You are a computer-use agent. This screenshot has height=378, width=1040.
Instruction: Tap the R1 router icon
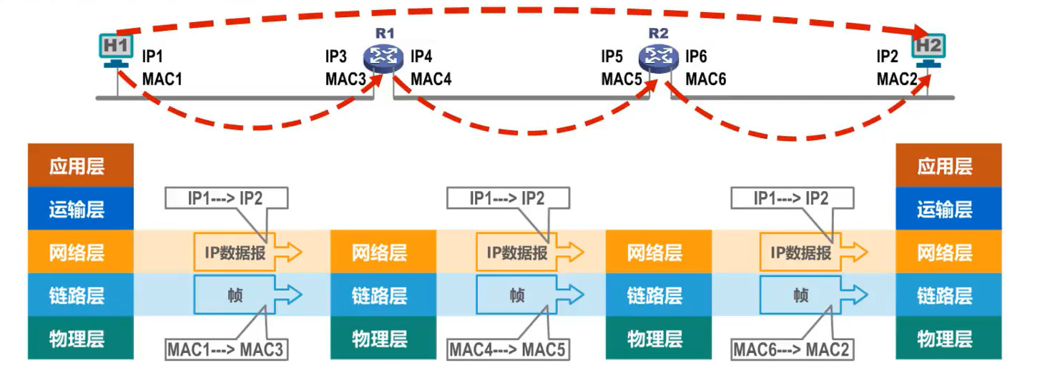tap(384, 57)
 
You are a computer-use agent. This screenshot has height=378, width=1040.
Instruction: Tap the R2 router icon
tap(657, 57)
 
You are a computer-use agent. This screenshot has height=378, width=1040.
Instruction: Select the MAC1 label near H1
tap(162, 79)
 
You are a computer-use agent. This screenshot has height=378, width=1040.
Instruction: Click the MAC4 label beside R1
tap(431, 79)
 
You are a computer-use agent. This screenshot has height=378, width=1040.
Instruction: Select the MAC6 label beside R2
tap(706, 79)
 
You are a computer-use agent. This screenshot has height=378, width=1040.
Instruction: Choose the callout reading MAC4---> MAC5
tap(507, 350)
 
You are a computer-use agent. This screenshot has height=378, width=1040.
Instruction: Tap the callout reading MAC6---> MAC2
tap(791, 350)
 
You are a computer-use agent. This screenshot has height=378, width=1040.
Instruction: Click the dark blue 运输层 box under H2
tap(945, 209)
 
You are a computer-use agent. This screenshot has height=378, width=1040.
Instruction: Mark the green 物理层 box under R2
tap(655, 338)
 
